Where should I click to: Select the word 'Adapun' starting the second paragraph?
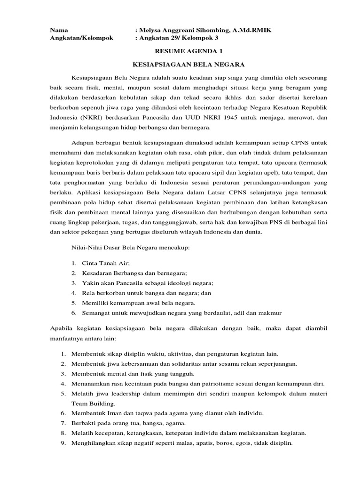point(82,143)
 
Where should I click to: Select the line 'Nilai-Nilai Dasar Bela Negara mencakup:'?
point(130,247)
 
